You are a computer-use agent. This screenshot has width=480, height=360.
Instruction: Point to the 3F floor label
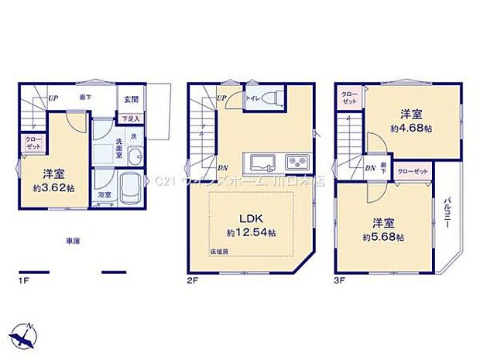point(341,280)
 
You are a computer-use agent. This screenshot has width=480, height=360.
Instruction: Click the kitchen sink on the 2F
point(260,163)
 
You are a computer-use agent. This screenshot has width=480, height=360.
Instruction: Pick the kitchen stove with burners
point(297,163)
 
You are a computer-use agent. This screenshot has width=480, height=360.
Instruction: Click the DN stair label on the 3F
point(370,168)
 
